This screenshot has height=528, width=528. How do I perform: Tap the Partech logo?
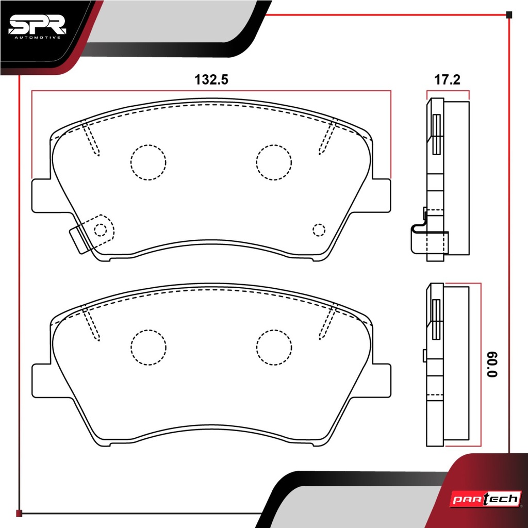(486, 499)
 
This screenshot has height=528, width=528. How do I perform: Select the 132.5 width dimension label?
(211, 80)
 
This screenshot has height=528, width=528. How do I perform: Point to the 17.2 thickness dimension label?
(447, 80)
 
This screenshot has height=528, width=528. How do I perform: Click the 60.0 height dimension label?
(491, 365)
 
